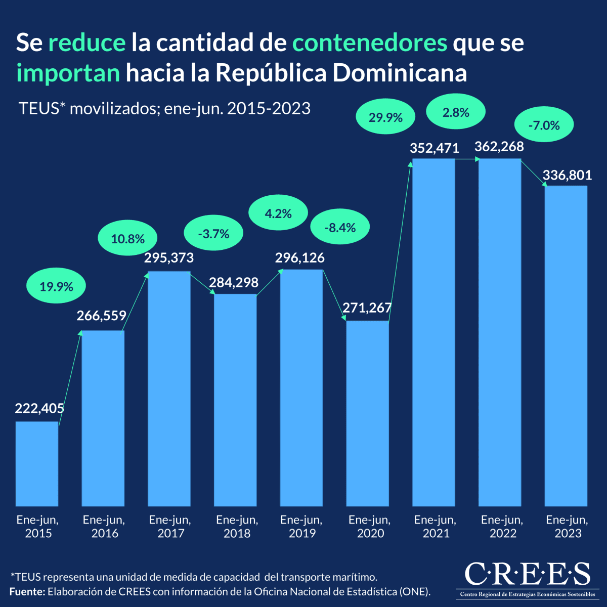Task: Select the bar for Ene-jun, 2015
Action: [x=37, y=463]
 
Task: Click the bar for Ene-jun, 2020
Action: [x=368, y=413]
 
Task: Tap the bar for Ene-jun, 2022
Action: [x=500, y=332]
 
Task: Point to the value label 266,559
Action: [x=102, y=316]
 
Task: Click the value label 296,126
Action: [x=300, y=258]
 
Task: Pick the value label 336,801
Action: [x=567, y=176]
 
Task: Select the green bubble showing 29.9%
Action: [x=385, y=118]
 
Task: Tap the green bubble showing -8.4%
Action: [x=340, y=228]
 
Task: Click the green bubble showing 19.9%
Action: [x=56, y=287]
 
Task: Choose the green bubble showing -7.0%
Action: [x=544, y=125]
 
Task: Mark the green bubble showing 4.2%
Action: [x=278, y=213]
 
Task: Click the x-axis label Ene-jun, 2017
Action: [x=170, y=527]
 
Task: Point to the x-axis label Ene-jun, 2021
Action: [x=435, y=527]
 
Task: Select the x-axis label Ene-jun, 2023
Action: [x=567, y=527]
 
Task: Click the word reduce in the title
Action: [x=86, y=43]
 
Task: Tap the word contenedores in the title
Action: [x=370, y=43]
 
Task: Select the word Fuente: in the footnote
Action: [x=27, y=591]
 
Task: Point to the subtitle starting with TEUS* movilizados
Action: [x=164, y=108]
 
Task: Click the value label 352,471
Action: [x=435, y=148]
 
